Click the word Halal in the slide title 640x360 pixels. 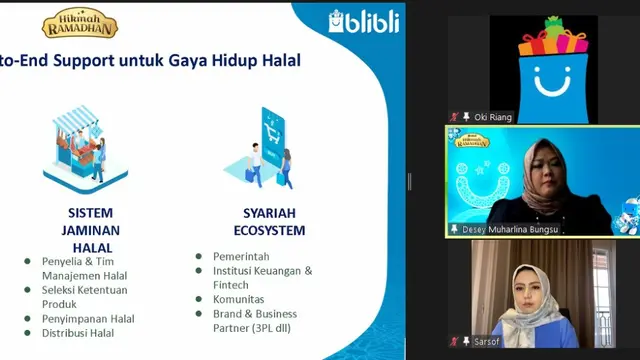(x=279, y=61)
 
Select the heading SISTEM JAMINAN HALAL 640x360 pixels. (x=91, y=229)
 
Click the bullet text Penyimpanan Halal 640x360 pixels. (x=88, y=319)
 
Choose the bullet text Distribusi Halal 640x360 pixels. (x=78, y=333)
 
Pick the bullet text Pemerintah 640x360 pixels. (x=240, y=256)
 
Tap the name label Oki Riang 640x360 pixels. (x=493, y=117)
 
